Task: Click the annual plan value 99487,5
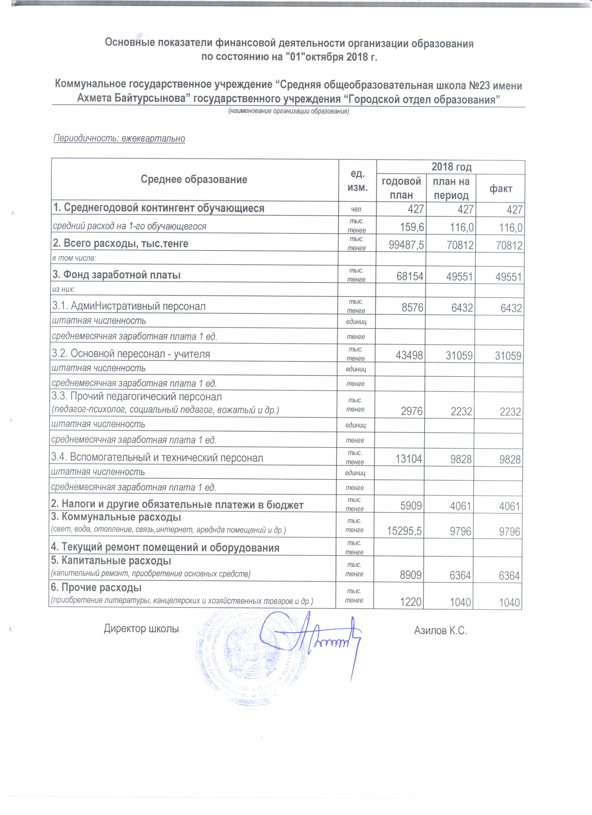(x=406, y=245)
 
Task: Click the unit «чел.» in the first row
(x=356, y=209)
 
